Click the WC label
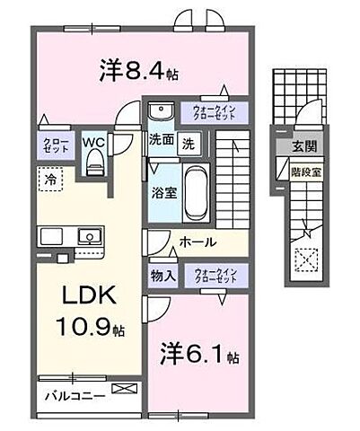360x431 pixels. (93, 143)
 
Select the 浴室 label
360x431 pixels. (162, 190)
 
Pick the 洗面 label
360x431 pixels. (161, 141)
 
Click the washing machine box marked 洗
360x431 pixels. (189, 142)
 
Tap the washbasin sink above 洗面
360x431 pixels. (162, 112)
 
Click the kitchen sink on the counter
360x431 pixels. (87, 237)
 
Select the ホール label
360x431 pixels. (196, 242)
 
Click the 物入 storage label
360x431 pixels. (162, 276)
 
